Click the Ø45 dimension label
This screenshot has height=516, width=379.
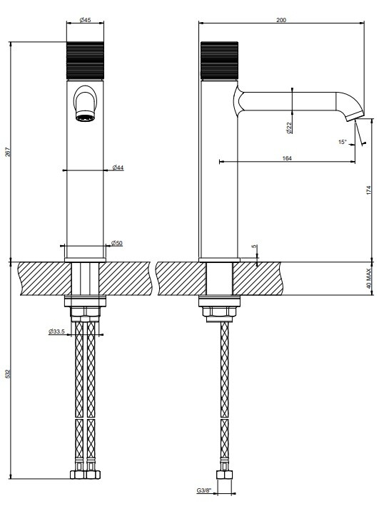pyautogui.click(x=85, y=20)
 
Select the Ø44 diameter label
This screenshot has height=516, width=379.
pyautogui.click(x=118, y=167)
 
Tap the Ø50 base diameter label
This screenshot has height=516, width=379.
pyautogui.click(x=116, y=243)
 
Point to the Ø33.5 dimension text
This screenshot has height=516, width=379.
pyautogui.click(x=56, y=331)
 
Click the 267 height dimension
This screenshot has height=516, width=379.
pyautogui.click(x=9, y=151)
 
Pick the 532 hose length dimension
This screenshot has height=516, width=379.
pyautogui.click(x=9, y=373)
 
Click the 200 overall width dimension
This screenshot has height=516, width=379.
pyautogui.click(x=281, y=20)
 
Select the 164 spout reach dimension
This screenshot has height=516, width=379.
pyautogui.click(x=287, y=158)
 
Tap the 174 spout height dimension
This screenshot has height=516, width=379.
pyautogui.click(x=368, y=190)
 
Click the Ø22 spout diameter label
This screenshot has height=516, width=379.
pyautogui.click(x=289, y=128)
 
